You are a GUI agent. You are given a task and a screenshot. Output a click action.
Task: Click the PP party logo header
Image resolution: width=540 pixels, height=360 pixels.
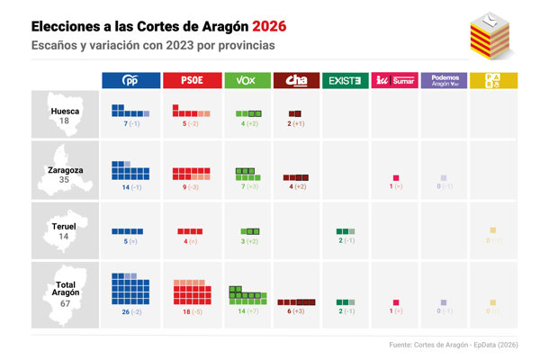coord(130,81)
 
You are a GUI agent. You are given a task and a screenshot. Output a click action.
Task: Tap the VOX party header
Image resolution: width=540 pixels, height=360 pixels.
coord(246,81)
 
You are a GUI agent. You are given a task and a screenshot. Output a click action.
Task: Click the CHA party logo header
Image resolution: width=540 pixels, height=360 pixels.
coord(295,81)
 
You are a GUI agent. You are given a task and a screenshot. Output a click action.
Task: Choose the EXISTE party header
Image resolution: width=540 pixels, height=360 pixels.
coord(345,81)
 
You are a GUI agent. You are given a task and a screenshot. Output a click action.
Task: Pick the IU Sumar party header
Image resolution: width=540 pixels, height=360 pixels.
coord(394,81)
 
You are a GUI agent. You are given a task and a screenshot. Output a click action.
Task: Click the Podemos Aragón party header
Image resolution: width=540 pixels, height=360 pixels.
coord(444,81)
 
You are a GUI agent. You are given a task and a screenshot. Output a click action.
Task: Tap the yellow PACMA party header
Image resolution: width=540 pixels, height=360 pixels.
coord(493,81)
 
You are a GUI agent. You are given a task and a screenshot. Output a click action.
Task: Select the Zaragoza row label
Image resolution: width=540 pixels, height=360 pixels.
coord(64,168)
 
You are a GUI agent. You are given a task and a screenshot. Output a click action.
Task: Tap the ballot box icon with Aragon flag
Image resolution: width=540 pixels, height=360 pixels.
coord(490,34)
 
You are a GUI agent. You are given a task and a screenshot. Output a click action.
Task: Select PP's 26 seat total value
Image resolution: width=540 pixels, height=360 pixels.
coord(125,310)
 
